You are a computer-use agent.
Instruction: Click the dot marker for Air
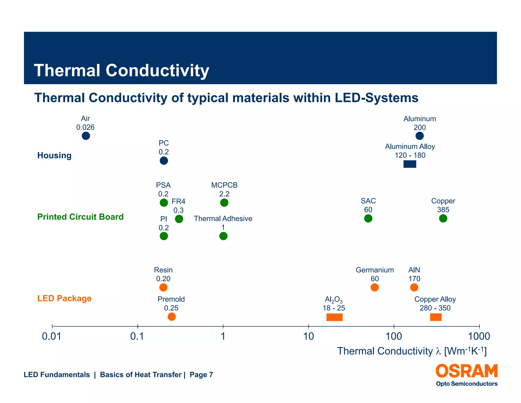[x=86, y=136]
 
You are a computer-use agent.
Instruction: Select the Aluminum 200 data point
[x=419, y=136]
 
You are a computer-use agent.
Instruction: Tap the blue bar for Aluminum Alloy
[x=410, y=164]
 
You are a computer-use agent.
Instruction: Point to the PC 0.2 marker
[x=164, y=161]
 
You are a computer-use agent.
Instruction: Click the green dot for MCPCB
[x=224, y=203]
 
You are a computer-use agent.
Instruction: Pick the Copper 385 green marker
[x=443, y=218]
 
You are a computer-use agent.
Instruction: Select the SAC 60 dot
[x=368, y=218]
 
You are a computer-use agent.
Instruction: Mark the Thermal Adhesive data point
[x=223, y=236]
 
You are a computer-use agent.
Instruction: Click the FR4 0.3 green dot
[x=179, y=219]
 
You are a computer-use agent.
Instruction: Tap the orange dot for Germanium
[x=374, y=287]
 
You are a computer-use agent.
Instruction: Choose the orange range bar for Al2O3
[x=334, y=317]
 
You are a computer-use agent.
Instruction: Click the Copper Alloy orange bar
[x=436, y=317]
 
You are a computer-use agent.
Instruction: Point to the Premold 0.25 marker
[x=172, y=317]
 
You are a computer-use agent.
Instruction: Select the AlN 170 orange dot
[x=414, y=287]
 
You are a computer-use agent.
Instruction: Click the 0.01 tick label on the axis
[x=52, y=337]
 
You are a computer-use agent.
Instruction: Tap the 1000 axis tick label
[x=479, y=337]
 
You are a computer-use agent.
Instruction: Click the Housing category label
[x=54, y=155]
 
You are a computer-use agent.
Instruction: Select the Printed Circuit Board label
[x=80, y=217]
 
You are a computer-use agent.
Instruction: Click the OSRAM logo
[x=467, y=371]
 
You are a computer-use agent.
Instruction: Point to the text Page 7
[x=201, y=375]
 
